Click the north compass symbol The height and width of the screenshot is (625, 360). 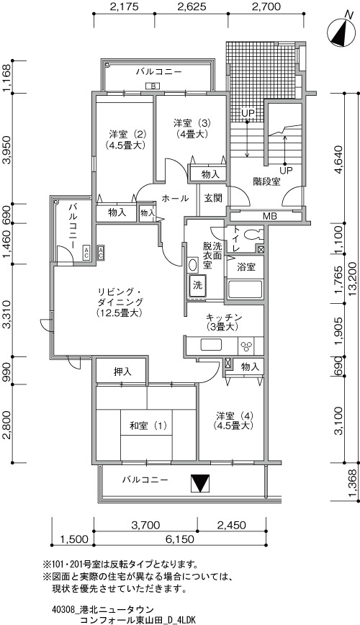click(x=341, y=33)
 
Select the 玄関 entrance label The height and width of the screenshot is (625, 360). click(x=213, y=198)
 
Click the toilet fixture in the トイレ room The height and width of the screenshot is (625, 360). click(x=253, y=234)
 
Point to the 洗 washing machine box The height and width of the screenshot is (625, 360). click(x=197, y=285)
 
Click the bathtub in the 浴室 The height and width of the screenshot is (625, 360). click(x=245, y=289)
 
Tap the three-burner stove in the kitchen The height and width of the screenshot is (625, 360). click(x=246, y=346)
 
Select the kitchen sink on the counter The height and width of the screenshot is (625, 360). click(x=211, y=345)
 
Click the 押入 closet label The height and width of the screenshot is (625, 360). click(x=122, y=372)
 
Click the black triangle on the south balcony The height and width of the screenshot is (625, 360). click(x=199, y=483)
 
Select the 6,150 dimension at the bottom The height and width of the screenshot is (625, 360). click(x=180, y=540)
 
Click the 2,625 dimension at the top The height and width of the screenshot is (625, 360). click(x=191, y=6)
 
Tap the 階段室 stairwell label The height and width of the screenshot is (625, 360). click(x=266, y=182)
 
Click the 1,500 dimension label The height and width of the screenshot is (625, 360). click(x=73, y=540)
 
